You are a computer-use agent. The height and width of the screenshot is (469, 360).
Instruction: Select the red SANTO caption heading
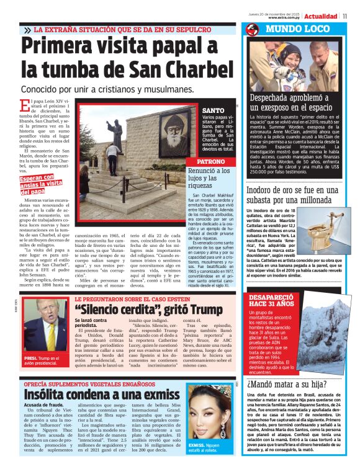click(x=213, y=110)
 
